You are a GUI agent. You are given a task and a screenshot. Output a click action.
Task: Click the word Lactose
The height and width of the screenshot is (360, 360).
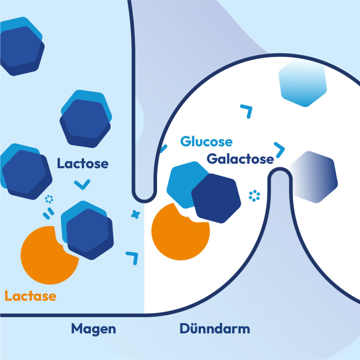(x=83, y=164)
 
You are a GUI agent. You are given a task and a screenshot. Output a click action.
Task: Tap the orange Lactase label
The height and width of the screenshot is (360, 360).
(x=30, y=296)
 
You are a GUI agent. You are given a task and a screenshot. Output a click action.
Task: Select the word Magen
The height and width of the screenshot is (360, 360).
(x=94, y=329)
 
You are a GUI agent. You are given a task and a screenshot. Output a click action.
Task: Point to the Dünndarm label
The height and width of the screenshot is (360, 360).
(x=215, y=329)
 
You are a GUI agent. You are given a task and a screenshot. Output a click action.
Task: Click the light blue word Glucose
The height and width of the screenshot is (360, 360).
(x=206, y=142)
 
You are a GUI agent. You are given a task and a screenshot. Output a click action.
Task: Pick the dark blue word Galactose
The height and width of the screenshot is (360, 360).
(x=240, y=159)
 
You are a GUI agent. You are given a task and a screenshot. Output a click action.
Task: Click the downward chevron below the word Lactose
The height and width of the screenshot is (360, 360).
(x=83, y=184)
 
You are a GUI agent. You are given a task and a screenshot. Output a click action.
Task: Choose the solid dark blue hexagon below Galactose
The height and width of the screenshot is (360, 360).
(x=216, y=199)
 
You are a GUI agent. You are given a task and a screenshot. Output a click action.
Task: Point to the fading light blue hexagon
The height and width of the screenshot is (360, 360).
(x=302, y=83)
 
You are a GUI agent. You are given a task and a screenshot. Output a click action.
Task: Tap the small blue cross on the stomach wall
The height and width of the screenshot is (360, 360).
(x=134, y=214)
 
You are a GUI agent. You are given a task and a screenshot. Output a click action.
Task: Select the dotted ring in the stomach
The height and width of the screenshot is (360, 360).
(x=49, y=200)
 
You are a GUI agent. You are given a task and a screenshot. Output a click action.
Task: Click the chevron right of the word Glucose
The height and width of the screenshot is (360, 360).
(x=280, y=149)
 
